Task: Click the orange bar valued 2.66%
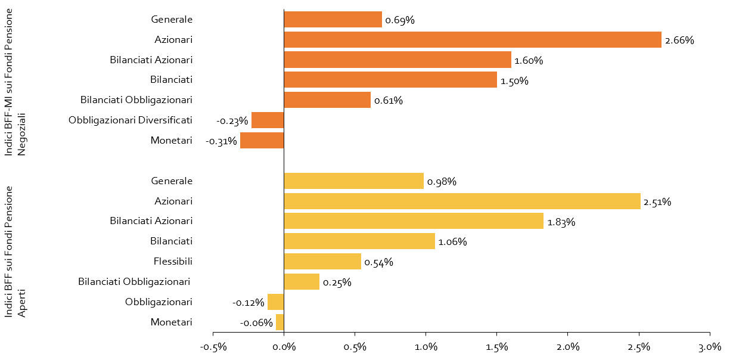pos(473,40)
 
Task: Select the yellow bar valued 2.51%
pos(462,201)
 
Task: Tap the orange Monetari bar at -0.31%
pos(262,140)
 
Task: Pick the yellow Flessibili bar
pos(322,262)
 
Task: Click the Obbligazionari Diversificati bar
pos(268,120)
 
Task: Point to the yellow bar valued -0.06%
pos(280,322)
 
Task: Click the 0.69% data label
pos(400,20)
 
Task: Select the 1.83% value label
pos(561,222)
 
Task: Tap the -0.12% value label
pos(249,303)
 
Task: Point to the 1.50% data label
pos(514,81)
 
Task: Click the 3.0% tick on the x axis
pos(710,347)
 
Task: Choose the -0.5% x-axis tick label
pos(213,347)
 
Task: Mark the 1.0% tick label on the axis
pos(426,347)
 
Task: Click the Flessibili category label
pos(173,262)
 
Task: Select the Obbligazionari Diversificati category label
pos(131,120)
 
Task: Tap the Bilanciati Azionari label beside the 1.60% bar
pos(151,60)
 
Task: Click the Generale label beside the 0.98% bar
pos(172,181)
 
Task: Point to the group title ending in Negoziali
pos(14,82)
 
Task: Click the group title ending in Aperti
pos(14,252)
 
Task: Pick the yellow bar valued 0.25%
pos(302,281)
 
